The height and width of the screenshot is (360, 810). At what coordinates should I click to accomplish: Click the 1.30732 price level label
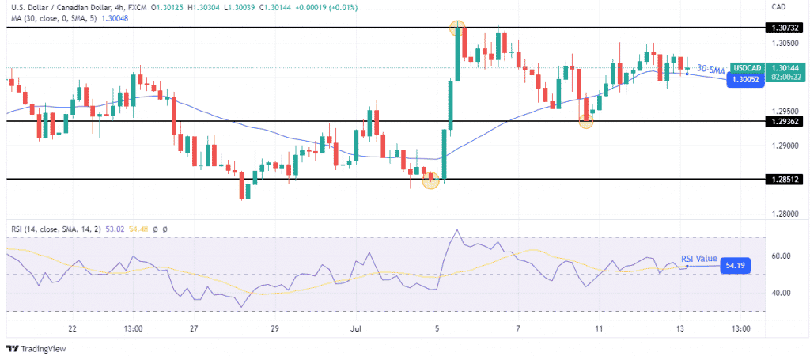pyautogui.click(x=783, y=27)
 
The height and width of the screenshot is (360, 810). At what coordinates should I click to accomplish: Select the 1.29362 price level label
pyautogui.click(x=783, y=121)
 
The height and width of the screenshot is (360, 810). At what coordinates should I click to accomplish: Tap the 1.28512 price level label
pyautogui.click(x=783, y=180)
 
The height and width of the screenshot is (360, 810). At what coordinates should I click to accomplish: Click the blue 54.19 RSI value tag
pyautogui.click(x=734, y=267)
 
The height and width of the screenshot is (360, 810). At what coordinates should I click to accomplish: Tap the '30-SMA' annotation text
pyautogui.click(x=710, y=70)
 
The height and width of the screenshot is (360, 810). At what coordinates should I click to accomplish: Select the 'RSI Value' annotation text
pyautogui.click(x=699, y=258)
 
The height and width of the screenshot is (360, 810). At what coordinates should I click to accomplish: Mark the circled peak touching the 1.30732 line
pyautogui.click(x=456, y=28)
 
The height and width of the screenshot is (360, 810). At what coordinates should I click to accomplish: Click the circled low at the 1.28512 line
pyautogui.click(x=430, y=181)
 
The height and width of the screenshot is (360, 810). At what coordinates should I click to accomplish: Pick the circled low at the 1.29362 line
pyautogui.click(x=586, y=121)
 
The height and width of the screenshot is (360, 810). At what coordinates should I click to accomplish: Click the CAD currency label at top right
pyautogui.click(x=779, y=6)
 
